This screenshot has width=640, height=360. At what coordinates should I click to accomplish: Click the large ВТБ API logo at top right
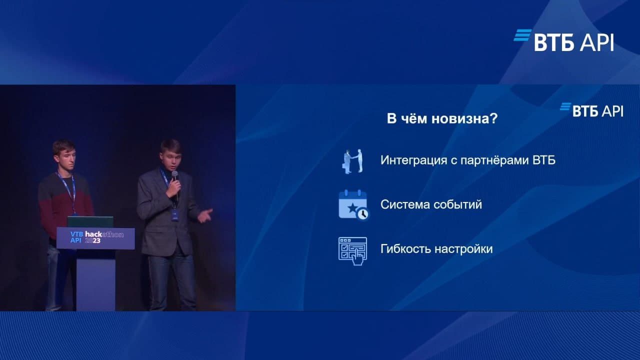tap(563, 40)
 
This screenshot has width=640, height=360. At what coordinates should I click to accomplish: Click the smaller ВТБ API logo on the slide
tap(591, 110)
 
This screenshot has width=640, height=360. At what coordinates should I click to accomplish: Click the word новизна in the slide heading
tap(464, 118)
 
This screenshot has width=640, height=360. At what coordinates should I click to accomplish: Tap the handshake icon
tap(352, 161)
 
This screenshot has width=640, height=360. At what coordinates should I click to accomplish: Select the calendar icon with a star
tap(353, 205)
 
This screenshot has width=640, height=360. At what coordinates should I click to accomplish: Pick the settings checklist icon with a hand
tap(352, 251)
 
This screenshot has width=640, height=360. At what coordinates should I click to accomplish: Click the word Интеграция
tap(413, 160)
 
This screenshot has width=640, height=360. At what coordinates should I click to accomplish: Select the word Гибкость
tap(405, 249)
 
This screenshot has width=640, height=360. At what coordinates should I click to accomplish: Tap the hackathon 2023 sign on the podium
tap(95, 238)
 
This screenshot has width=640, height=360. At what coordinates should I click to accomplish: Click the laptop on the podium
tap(90, 221)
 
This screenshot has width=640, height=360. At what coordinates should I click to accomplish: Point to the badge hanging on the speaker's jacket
tap(175, 214)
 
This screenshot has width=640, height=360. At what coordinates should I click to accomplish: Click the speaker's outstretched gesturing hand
tap(205, 215)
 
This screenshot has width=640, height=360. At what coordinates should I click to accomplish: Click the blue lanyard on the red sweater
tap(68, 191)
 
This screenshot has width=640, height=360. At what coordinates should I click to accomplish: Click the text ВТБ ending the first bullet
tap(544, 160)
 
